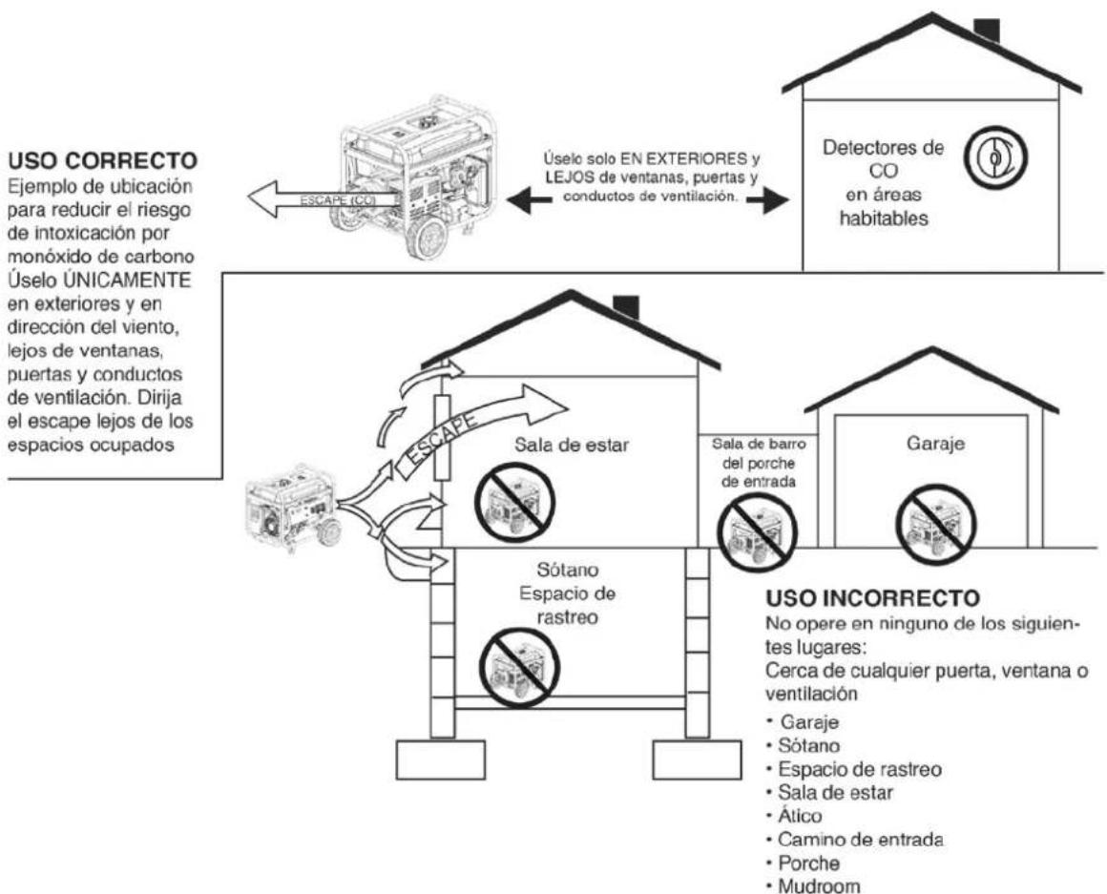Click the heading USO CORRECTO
(x=102, y=161)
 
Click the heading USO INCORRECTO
(x=872, y=598)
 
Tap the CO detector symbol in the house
(x=996, y=158)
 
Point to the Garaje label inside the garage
(x=935, y=444)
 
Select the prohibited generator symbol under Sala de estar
(x=514, y=503)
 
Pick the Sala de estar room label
(x=571, y=446)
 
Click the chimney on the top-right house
(x=986, y=30)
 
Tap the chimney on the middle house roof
(x=625, y=307)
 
